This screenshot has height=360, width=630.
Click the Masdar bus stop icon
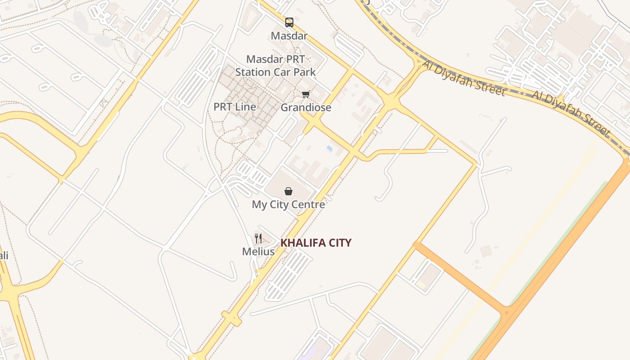coord(289,22)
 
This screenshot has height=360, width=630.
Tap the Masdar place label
coord(289,36)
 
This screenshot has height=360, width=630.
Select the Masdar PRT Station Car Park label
coord(275,66)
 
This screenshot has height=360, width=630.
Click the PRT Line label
coord(234,107)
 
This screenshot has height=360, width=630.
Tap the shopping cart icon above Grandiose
coord(306,94)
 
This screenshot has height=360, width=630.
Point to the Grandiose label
coord(306,108)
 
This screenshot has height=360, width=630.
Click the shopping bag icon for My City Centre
coord(288,191)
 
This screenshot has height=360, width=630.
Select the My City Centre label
coord(288,205)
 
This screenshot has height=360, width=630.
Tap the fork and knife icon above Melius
coord(258,238)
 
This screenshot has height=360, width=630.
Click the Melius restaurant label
coord(258,252)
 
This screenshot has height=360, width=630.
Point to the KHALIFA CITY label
coord(316,243)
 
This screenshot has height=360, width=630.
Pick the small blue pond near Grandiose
coord(330,148)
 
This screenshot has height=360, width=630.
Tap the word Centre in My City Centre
coord(310,205)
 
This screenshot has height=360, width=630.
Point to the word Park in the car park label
coord(305,72)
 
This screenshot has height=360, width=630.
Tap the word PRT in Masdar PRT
coord(295,59)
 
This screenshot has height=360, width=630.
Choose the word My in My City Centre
coord(259,205)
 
